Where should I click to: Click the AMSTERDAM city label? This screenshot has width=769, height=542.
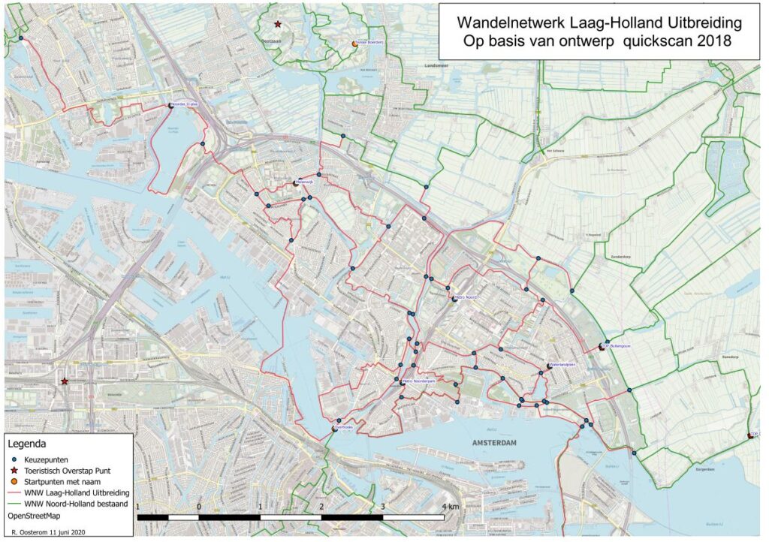point(496,444)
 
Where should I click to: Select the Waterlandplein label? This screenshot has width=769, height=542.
point(562,364)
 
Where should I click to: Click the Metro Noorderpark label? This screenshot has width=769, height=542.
point(419,381)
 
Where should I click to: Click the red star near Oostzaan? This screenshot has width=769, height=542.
point(278,25)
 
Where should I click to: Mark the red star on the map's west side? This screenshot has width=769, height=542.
point(65,381)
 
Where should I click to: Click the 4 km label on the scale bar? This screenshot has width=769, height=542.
point(448,507)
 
